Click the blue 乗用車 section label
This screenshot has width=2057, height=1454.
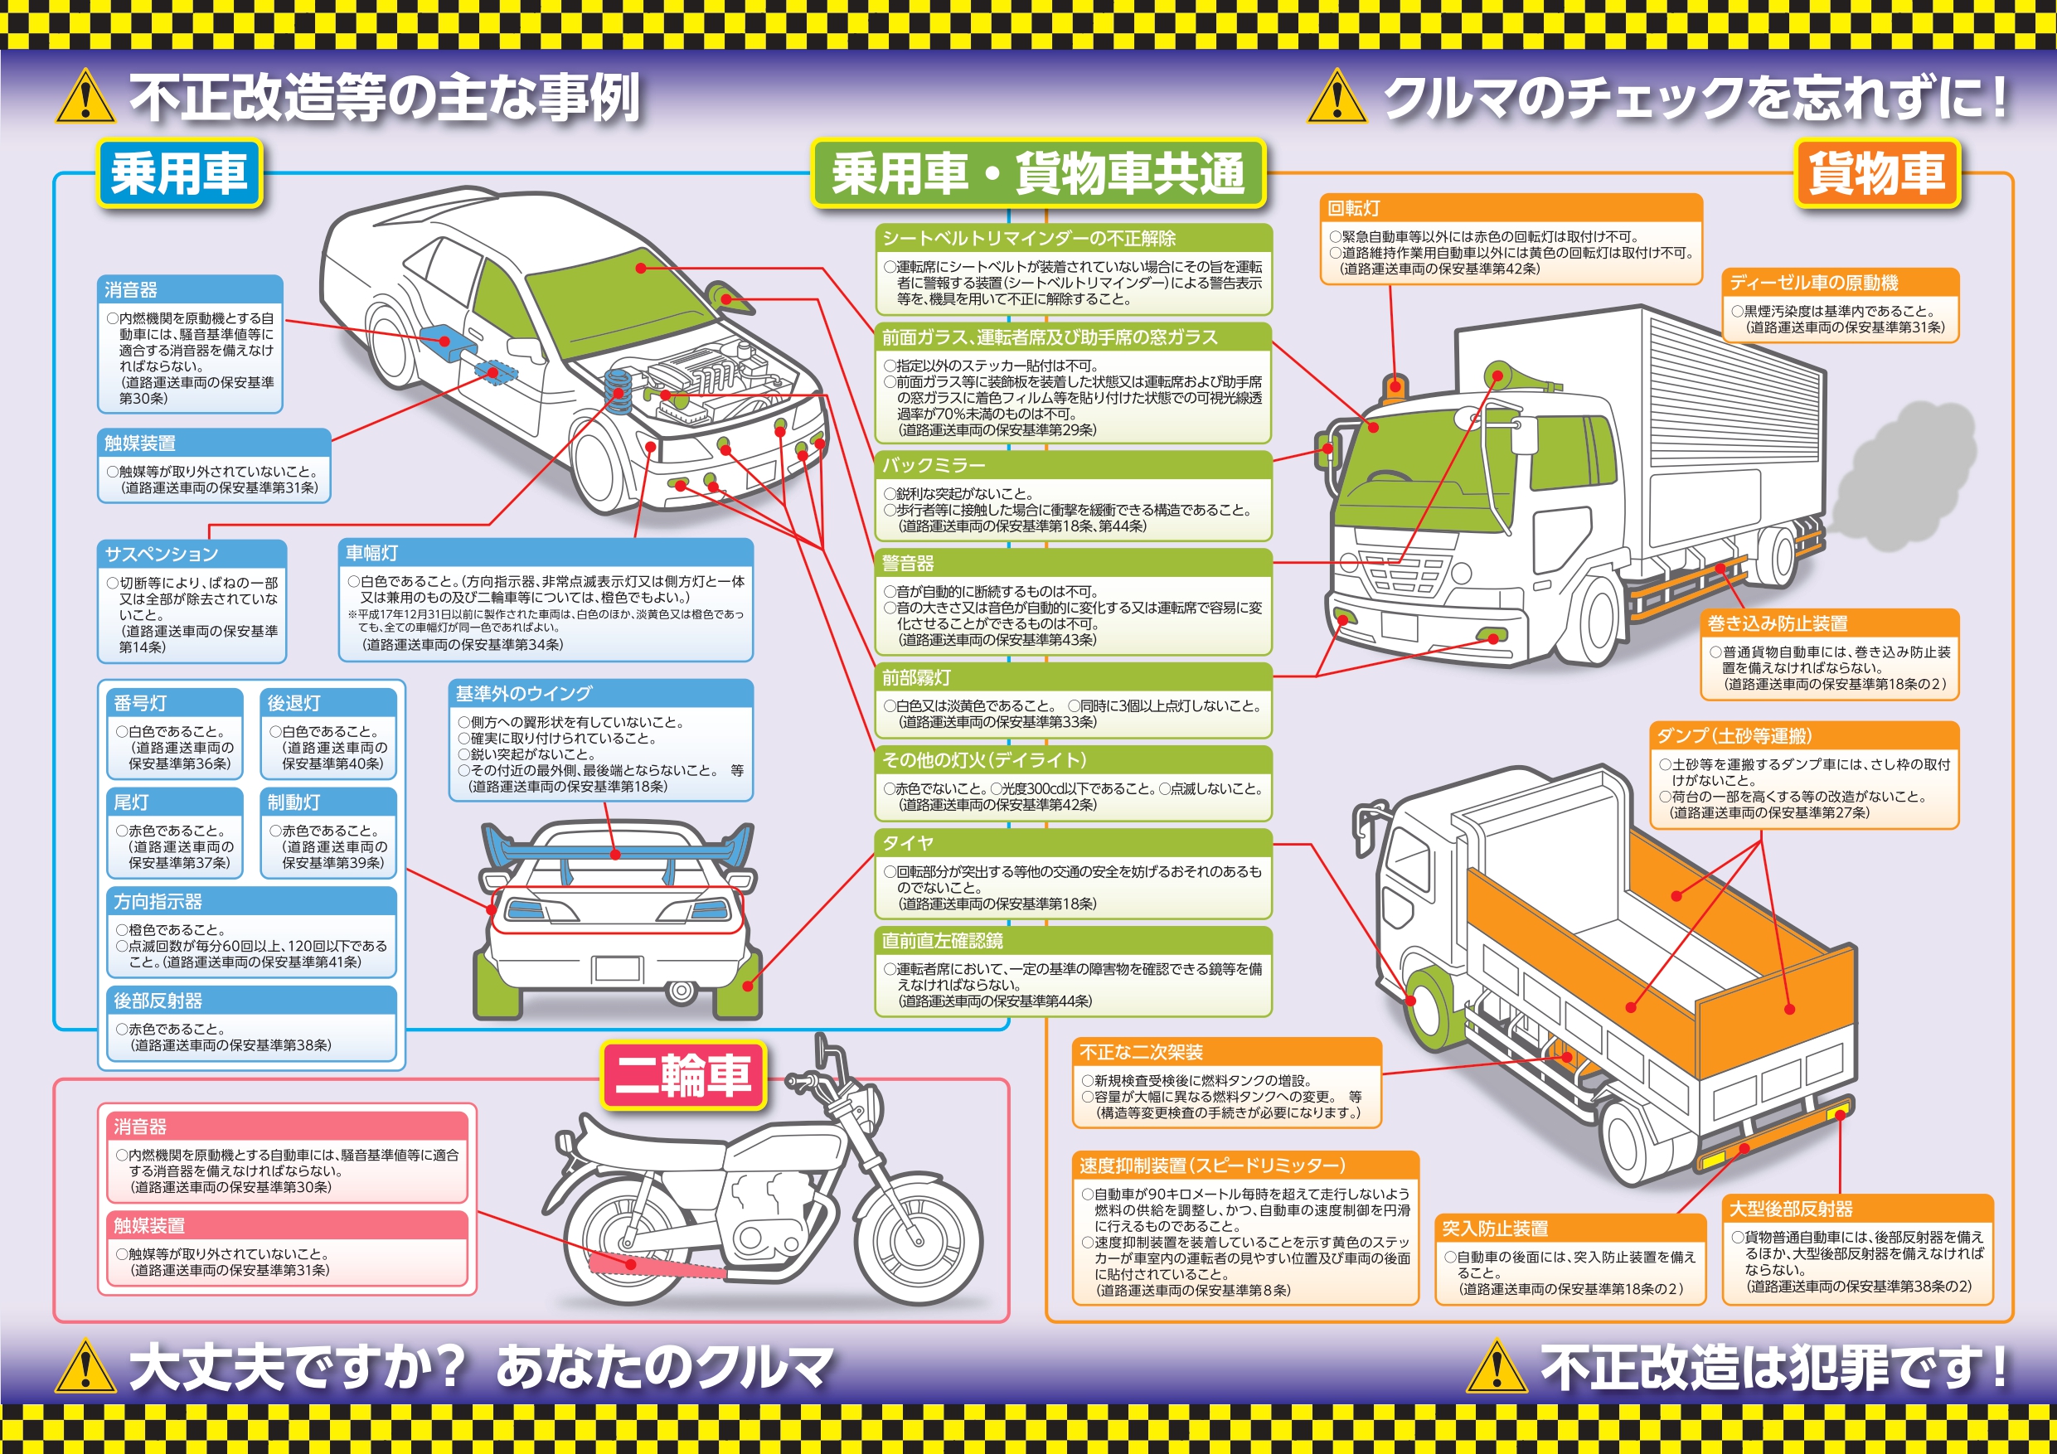(179, 173)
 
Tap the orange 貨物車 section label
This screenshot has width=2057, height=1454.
(1877, 173)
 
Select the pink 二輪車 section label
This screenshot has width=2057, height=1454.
(682, 1075)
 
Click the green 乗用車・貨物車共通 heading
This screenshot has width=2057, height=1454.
(1038, 173)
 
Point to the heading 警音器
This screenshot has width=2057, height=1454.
(908, 564)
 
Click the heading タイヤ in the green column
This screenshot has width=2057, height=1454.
(908, 843)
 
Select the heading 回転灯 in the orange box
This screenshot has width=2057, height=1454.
(1354, 209)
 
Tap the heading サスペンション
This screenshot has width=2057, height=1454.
(162, 554)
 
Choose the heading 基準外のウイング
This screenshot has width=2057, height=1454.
(523, 693)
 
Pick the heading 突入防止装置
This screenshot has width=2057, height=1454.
(1495, 1229)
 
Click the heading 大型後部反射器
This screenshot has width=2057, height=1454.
(1791, 1209)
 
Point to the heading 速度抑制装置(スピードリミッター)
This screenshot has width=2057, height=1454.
(1212, 1166)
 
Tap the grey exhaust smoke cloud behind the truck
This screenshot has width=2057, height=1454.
(1904, 479)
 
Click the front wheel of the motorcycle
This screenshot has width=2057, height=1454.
(919, 1243)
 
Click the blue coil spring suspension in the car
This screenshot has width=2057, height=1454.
(618, 386)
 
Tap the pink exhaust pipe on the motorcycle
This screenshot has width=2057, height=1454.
(656, 1265)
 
